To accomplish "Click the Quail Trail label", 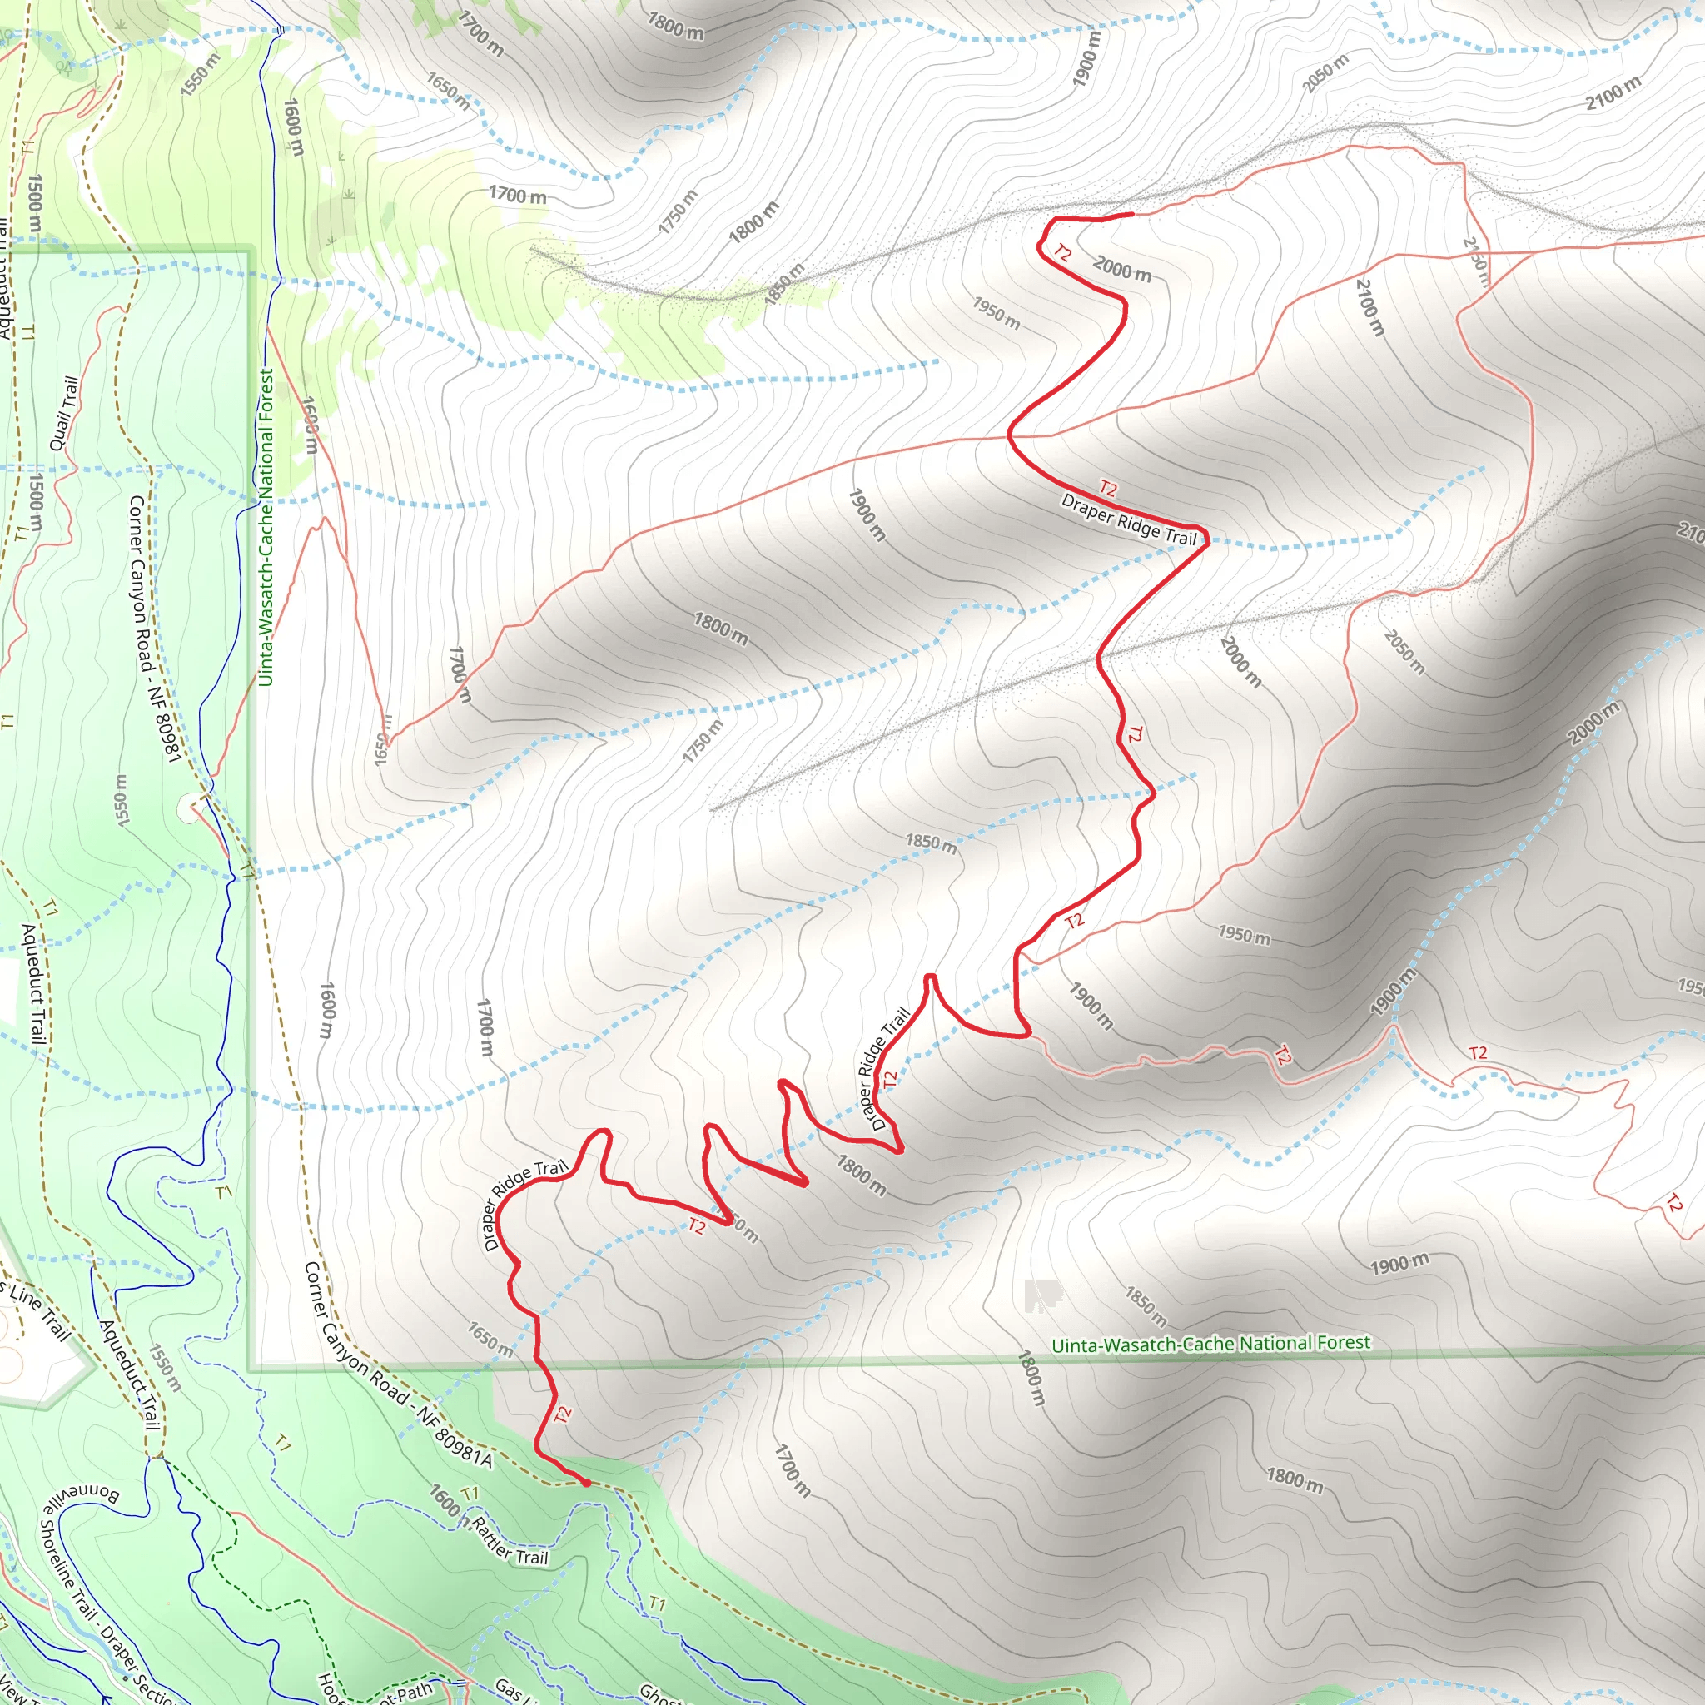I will [x=64, y=413].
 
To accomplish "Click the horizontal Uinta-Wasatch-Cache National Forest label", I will [x=1210, y=1344].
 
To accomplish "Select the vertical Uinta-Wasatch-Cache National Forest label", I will [x=266, y=527].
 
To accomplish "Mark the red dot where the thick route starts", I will [x=586, y=1483].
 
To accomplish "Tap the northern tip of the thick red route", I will [x=1131, y=214].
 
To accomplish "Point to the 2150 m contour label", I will [x=1474, y=261].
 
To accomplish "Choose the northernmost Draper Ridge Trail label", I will [x=1129, y=519].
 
